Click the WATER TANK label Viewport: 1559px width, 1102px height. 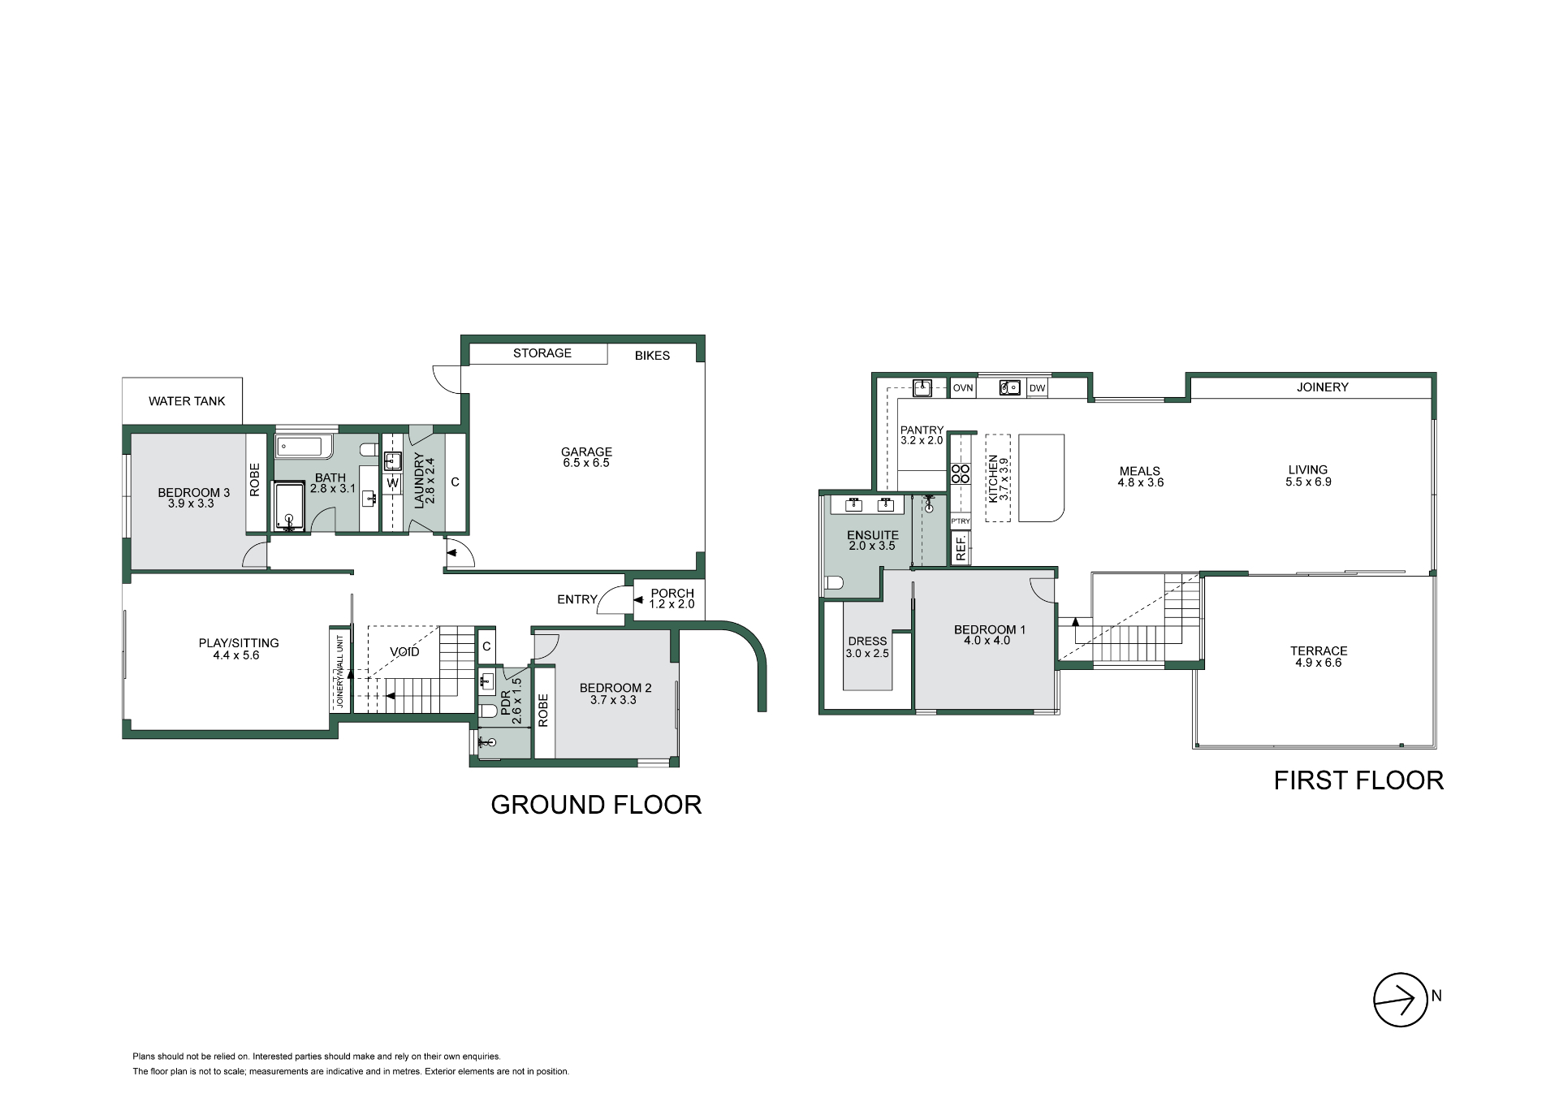pos(187,401)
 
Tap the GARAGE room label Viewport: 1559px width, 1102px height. pos(586,452)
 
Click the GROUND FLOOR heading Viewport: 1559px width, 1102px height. pos(596,805)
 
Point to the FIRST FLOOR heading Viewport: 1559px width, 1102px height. pos(1358,780)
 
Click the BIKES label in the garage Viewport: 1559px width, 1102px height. pos(652,356)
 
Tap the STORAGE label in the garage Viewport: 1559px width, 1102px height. pos(542,353)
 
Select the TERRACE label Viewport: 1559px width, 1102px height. pos(1319,651)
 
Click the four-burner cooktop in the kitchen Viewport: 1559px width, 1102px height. pos(961,473)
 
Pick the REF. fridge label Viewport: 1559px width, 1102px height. pos(961,549)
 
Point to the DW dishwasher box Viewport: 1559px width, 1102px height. pos(1037,388)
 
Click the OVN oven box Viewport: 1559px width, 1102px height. pos(962,388)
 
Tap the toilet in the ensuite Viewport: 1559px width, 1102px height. pos(835,582)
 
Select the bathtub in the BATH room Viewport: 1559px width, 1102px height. pos(300,446)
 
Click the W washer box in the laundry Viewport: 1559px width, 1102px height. pos(393,483)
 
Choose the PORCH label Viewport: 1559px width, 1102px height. pos(672,594)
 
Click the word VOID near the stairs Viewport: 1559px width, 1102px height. pos(404,652)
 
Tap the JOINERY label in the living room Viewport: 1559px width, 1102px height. pos(1322,387)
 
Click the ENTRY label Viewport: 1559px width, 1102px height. pos(577,599)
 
